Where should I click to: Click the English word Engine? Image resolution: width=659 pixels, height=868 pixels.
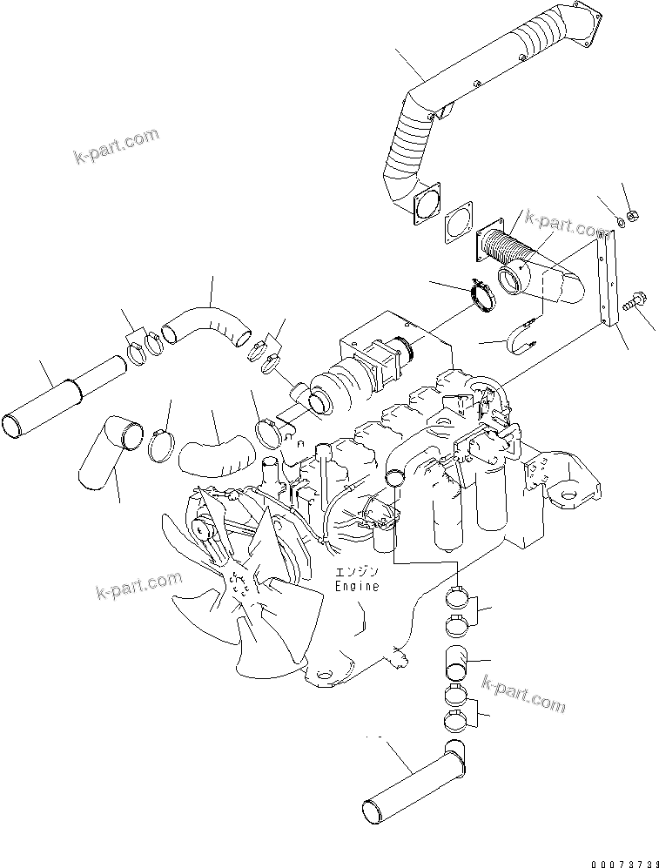[357, 587]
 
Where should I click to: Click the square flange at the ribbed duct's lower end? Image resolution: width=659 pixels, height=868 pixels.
[423, 202]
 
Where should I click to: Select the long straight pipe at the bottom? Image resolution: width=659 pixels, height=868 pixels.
[409, 778]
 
